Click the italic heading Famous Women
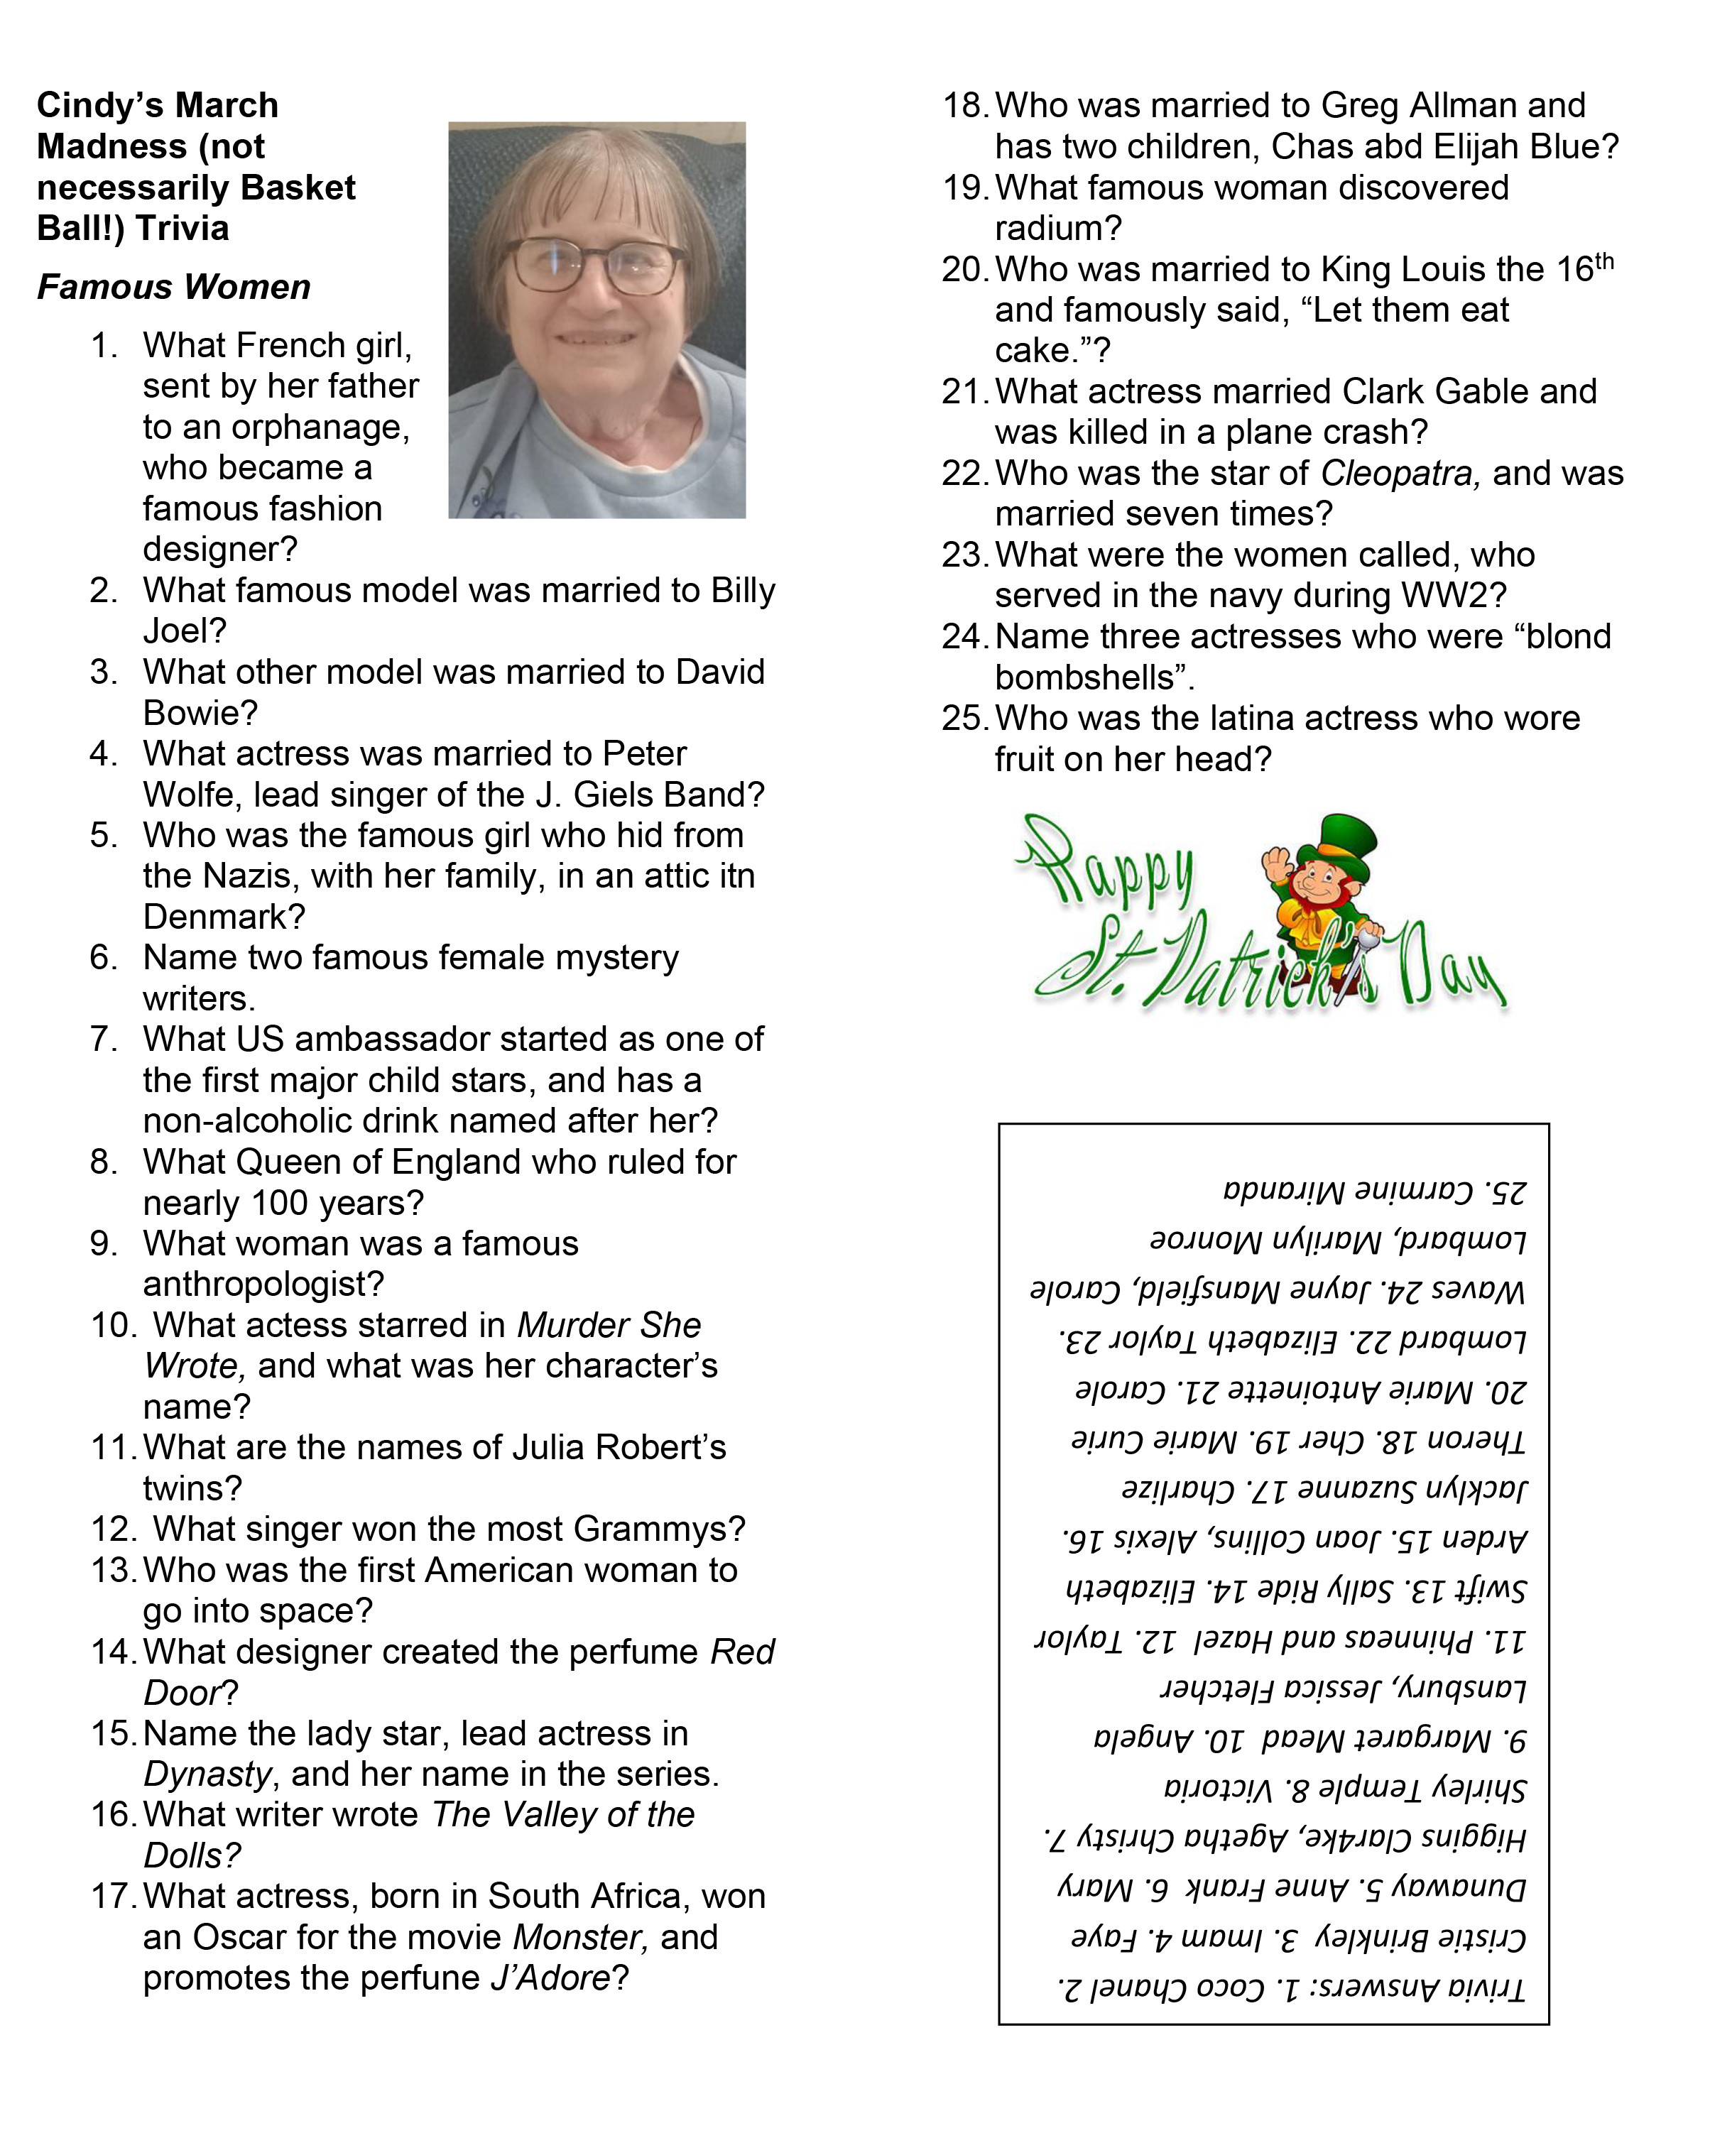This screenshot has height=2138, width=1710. point(173,288)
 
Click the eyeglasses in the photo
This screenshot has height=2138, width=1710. point(596,265)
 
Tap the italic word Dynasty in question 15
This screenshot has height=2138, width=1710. point(207,1773)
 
